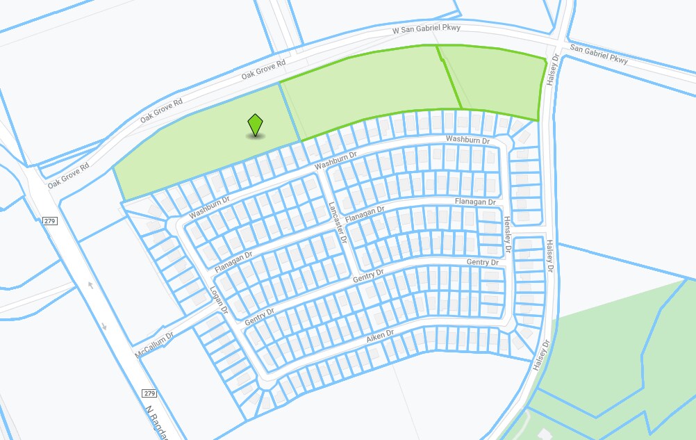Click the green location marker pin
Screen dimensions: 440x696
[256, 125]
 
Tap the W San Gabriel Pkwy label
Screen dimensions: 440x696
[427, 30]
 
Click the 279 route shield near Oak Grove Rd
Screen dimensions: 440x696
[49, 221]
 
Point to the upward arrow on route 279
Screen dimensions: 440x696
[90, 286]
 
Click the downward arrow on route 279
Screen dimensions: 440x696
[104, 326]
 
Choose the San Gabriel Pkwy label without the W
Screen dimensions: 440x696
[598, 55]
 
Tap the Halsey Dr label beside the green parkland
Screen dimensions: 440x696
[541, 355]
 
